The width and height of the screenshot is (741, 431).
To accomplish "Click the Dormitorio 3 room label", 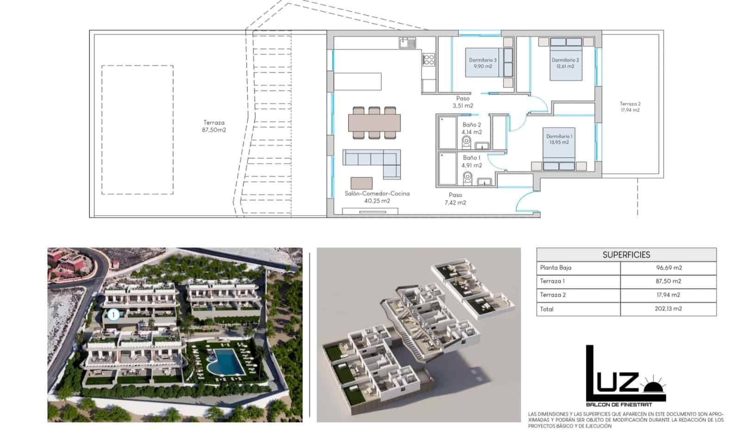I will point(483,63).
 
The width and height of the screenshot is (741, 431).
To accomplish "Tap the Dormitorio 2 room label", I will point(565,63).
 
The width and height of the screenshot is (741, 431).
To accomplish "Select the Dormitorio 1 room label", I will point(559,139).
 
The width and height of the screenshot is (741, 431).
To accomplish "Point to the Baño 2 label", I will point(471,128).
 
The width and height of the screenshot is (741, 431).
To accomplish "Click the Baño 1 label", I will point(471,162).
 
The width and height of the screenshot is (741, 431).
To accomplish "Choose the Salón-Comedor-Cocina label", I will point(377,197).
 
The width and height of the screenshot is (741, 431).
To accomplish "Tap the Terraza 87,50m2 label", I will point(214,126).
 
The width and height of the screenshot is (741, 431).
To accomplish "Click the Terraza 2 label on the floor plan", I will point(630,107).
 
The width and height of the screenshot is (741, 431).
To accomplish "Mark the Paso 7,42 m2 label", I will point(455,199).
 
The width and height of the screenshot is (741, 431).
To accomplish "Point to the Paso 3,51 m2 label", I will point(463,102).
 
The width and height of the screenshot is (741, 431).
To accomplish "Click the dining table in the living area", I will point(375,123).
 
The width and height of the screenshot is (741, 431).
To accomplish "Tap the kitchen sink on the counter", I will point(407,44).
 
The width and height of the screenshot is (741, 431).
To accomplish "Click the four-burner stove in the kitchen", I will point(428,59).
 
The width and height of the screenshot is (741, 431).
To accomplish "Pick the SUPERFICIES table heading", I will point(626,255).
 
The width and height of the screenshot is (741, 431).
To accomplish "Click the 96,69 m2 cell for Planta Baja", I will point(668,268).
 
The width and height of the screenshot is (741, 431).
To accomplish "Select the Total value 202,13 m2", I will point(668,309).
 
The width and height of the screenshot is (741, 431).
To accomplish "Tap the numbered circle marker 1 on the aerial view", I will point(113,315).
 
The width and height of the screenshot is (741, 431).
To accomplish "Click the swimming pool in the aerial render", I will point(225,362).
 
